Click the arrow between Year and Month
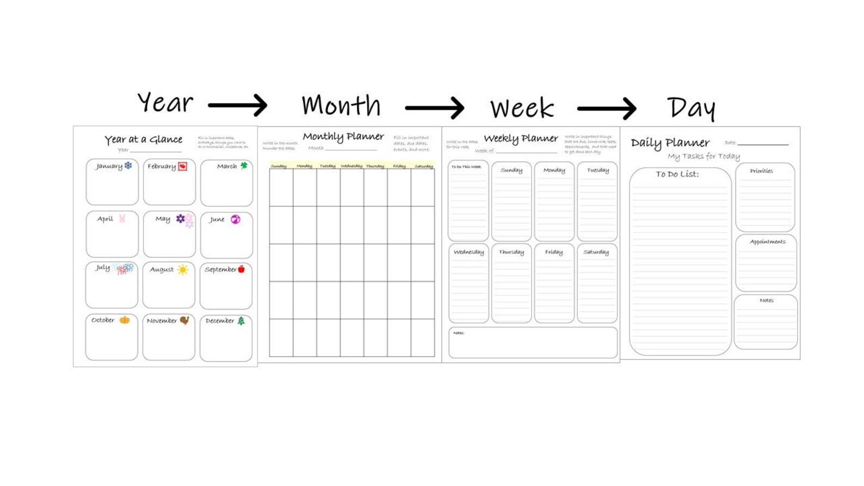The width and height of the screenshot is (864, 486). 237,105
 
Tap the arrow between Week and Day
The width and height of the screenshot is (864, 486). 606,108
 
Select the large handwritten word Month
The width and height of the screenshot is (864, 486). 341,105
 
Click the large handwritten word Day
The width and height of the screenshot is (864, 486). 691,108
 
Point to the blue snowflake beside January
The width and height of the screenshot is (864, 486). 128,165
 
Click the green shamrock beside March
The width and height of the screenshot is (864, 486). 244,165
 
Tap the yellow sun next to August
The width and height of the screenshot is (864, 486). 183,269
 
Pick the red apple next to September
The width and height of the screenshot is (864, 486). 241,269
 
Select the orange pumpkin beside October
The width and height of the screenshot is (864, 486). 125,320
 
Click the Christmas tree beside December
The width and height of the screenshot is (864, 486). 241,321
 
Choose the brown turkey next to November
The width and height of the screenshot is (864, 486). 184,321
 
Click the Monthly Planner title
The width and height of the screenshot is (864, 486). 343,137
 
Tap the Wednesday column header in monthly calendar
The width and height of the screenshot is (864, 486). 351,166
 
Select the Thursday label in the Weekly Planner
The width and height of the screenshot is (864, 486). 511,252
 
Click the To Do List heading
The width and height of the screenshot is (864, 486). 677,174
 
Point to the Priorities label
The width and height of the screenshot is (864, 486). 761,171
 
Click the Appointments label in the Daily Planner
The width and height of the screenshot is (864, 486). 767,242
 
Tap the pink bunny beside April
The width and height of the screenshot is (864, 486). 122,218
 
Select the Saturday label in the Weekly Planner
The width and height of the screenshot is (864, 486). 596,252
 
